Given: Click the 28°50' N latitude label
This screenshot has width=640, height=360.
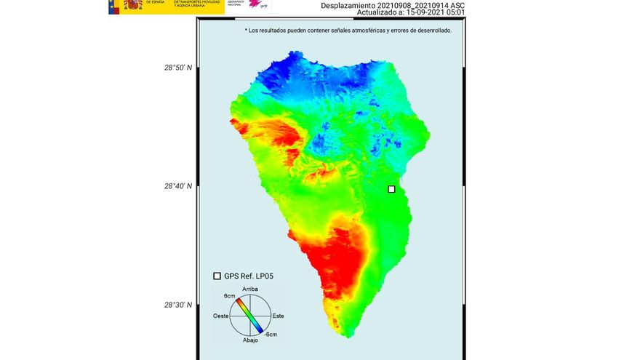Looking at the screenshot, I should pyautogui.click(x=178, y=68).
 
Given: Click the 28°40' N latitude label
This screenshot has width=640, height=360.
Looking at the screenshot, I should pyautogui.click(x=178, y=186).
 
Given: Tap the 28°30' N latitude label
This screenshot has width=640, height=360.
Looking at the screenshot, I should pyautogui.click(x=178, y=305).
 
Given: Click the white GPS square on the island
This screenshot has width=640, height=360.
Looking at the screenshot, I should pyautogui.click(x=391, y=189).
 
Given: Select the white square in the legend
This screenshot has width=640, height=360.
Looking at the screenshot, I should pyautogui.click(x=217, y=276).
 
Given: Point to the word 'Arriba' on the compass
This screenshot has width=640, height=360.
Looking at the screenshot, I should pyautogui.click(x=250, y=289).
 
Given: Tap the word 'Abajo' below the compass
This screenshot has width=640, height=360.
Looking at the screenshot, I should pyautogui.click(x=250, y=340).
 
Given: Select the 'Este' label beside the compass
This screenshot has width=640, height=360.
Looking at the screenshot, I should pyautogui.click(x=278, y=316).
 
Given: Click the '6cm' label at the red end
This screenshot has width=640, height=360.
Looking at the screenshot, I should pyautogui.click(x=229, y=296).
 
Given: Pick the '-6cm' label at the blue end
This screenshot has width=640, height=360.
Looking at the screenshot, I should pyautogui.click(x=270, y=334).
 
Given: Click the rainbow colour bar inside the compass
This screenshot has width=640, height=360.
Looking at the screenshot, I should pyautogui.click(x=250, y=315).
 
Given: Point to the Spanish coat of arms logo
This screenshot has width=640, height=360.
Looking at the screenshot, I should pyautogui.click(x=133, y=5).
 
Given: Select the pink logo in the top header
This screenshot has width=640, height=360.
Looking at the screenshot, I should pyautogui.click(x=255, y=4).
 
